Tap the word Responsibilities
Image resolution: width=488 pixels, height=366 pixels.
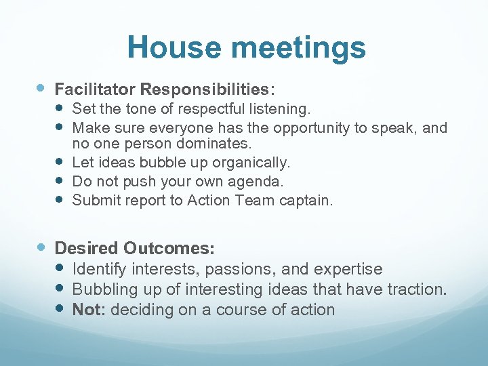point(206,89)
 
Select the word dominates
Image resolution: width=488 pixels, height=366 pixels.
point(214,144)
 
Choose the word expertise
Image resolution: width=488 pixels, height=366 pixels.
point(348,269)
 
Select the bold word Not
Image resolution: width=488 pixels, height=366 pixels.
point(87,310)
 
